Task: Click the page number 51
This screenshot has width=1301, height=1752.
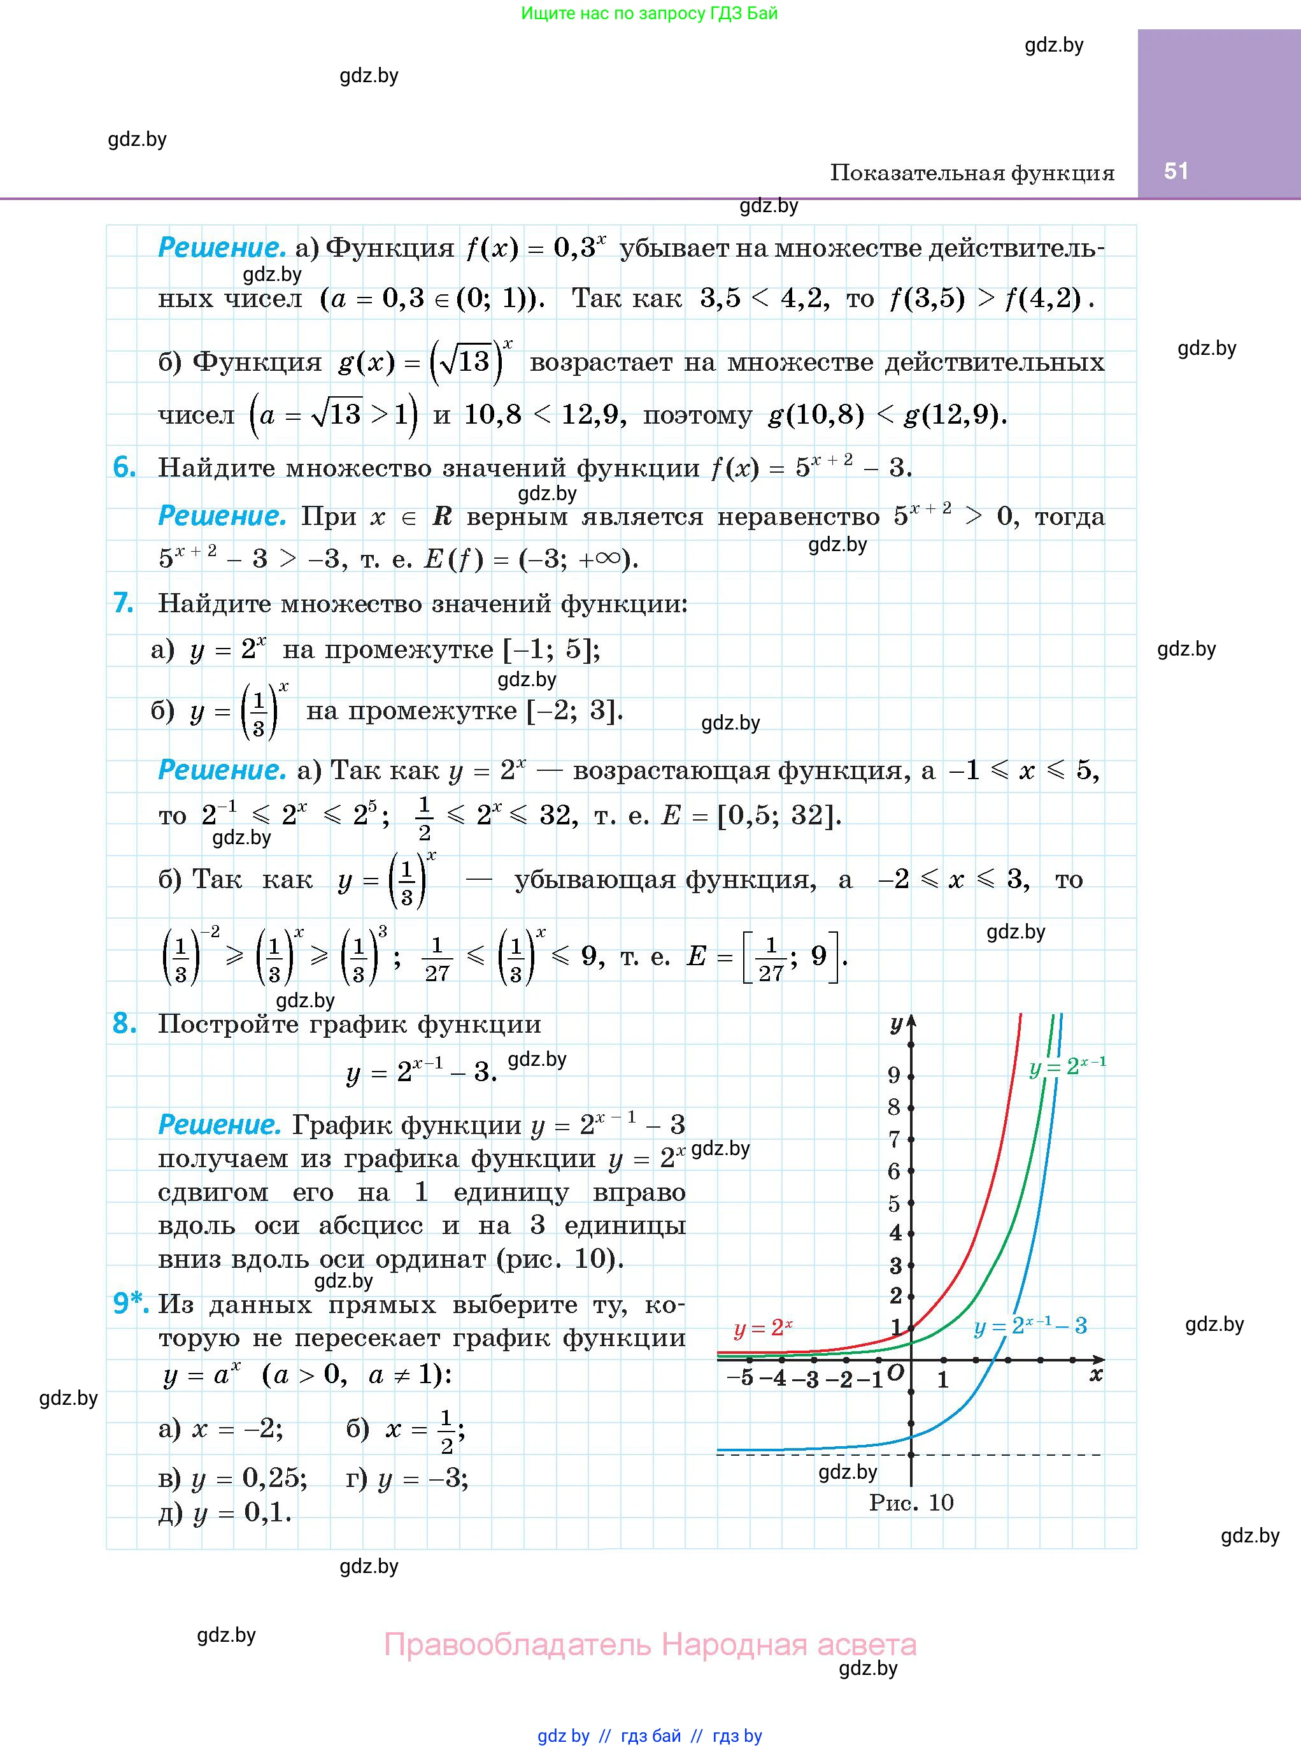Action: pyautogui.click(x=1175, y=171)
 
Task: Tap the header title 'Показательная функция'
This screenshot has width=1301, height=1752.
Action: pyautogui.click(x=972, y=173)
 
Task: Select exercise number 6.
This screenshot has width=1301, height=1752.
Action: pyautogui.click(x=124, y=467)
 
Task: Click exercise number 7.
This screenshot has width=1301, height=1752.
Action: pyautogui.click(x=124, y=603)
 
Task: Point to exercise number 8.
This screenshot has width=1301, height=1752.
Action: pyautogui.click(x=124, y=1023)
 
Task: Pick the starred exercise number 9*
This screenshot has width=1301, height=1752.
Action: pyautogui.click(x=130, y=1303)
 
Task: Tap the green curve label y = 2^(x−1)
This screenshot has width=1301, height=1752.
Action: pyautogui.click(x=1067, y=1067)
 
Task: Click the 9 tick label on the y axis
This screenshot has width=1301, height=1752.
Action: pyautogui.click(x=894, y=1075)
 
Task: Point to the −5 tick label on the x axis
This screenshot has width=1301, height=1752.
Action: pyautogui.click(x=739, y=1378)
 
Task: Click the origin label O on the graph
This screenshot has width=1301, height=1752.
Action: pyautogui.click(x=895, y=1373)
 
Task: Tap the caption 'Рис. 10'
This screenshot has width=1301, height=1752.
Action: pyautogui.click(x=911, y=1502)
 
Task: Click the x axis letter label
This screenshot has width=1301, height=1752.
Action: pyautogui.click(x=1095, y=1375)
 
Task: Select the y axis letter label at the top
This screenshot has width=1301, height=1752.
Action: pyautogui.click(x=895, y=1024)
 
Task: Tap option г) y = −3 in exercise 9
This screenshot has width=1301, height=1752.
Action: pyautogui.click(x=406, y=1479)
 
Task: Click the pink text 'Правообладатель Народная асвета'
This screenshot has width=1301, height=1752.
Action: pyautogui.click(x=650, y=1645)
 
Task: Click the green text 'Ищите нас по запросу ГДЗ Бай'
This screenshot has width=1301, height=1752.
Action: pyautogui.click(x=649, y=13)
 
